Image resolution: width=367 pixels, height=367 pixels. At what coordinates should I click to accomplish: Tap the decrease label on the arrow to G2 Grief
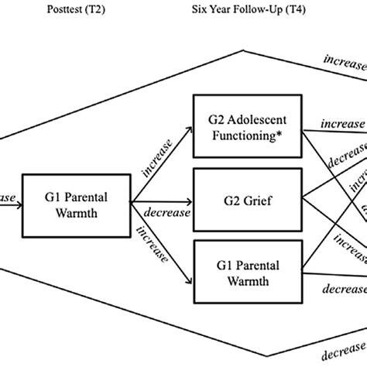pyautogui.click(x=161, y=209)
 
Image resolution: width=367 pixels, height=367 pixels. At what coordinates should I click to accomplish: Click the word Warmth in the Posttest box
pyautogui.click(x=77, y=213)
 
